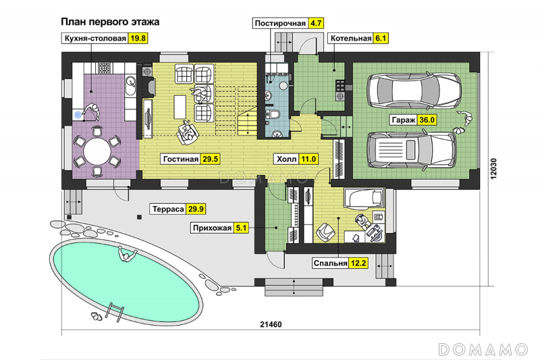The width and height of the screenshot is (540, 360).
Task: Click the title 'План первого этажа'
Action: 110,22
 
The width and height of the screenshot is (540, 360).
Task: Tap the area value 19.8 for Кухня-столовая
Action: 138,38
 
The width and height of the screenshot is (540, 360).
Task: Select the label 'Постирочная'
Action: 280,24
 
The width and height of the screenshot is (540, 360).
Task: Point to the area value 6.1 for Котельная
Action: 380,38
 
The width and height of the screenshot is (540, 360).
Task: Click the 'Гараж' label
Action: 403,120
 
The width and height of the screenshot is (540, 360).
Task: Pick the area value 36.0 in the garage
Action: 427,120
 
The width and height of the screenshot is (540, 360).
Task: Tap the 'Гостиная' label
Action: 181,159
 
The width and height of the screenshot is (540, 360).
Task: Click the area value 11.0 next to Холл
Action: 308,159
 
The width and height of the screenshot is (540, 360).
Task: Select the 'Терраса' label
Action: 168,209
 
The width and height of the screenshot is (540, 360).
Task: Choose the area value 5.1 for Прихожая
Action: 241,228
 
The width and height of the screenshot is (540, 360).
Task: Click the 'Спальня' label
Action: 330,263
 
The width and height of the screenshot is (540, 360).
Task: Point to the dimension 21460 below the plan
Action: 271,324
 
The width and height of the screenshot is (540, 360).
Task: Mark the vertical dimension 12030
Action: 493,168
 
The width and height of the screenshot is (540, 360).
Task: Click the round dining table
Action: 97,151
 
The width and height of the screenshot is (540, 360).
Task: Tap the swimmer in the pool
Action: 127,255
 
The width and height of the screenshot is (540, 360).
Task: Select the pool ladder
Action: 115,312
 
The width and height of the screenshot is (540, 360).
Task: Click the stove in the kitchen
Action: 105,68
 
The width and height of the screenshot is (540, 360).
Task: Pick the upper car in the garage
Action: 414,91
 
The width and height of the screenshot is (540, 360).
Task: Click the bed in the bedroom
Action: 364,199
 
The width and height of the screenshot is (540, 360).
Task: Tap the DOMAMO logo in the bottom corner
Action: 483,349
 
